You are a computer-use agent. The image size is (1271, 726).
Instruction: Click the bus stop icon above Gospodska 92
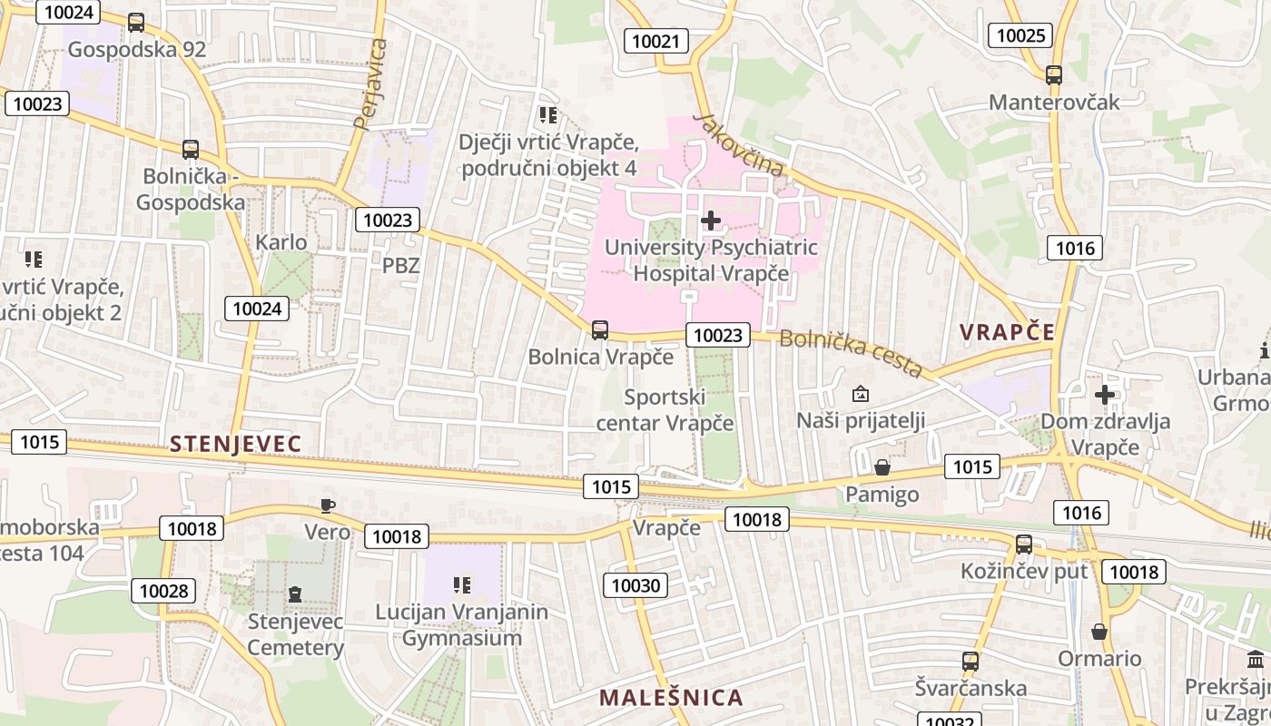tap(136, 23)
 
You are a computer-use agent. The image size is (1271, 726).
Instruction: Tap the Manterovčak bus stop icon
tap(1054, 75)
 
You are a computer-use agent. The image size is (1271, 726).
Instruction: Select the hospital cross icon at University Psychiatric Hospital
tap(711, 220)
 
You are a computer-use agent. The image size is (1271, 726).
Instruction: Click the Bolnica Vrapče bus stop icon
tap(600, 330)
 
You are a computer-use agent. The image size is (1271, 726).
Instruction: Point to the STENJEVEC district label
tap(235, 444)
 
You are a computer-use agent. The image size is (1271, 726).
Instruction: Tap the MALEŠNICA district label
tap(671, 697)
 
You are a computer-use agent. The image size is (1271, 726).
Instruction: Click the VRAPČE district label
tap(1008, 332)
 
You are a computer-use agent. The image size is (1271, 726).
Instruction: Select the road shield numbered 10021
tap(656, 40)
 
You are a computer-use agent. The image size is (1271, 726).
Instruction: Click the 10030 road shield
tap(636, 585)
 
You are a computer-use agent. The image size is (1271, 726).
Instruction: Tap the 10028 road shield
tap(163, 591)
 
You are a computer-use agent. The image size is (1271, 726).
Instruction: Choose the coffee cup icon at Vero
tap(328, 505)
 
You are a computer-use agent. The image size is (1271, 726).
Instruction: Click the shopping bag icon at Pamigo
tap(882, 467)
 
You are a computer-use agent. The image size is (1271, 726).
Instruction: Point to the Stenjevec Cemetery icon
tap(294, 594)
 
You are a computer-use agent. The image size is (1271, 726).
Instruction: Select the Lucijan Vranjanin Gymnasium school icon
tap(462, 585)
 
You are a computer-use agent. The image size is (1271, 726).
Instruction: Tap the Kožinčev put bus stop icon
tap(1024, 544)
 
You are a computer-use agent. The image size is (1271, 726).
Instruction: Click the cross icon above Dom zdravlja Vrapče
tap(1104, 395)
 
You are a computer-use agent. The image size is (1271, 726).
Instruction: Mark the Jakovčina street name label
tap(738, 144)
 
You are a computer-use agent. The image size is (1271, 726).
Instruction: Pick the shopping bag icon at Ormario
tap(1099, 632)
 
